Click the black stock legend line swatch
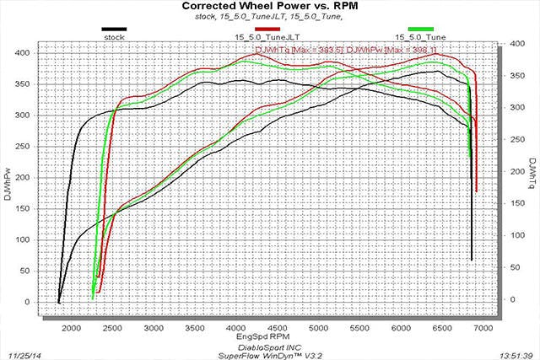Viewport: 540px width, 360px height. [x=114, y=30]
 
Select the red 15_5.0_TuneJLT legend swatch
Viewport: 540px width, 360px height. [x=267, y=30]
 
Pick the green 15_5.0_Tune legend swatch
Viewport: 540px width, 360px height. [x=420, y=30]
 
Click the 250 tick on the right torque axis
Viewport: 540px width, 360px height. [x=507, y=152]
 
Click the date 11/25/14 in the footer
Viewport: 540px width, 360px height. [x=24, y=345]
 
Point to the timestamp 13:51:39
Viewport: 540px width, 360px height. [x=516, y=345]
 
